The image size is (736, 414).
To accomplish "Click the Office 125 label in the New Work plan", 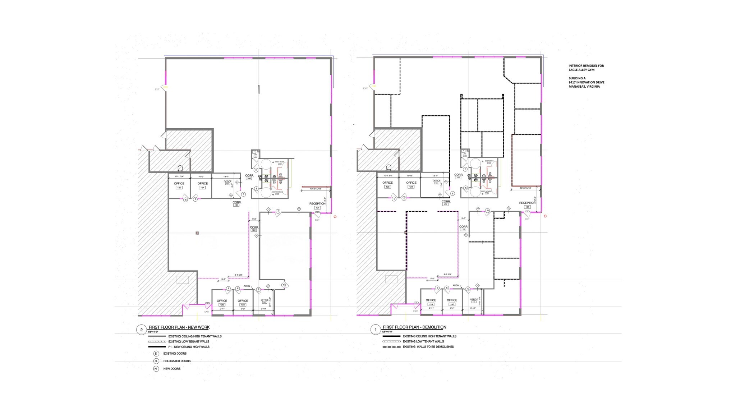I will tap(179, 184).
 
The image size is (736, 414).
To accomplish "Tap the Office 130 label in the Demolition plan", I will tap(452, 300).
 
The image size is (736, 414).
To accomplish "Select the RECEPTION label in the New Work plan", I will tap(317, 204).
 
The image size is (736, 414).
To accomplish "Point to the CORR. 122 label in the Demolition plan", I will tap(463, 227).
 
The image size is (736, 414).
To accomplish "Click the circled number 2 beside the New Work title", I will tap(142, 330).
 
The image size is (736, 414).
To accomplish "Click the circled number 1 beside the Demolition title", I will tap(376, 330).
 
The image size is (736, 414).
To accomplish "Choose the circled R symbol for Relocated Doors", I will tap(156, 361).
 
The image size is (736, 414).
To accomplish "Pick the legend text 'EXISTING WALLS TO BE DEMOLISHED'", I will tap(428, 347).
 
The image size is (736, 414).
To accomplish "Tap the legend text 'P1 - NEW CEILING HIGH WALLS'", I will tap(189, 347).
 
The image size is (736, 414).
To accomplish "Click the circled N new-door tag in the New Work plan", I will tap(284, 285).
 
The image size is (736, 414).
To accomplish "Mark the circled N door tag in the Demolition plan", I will tap(488, 211).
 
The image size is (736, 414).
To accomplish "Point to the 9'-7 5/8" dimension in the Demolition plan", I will tap(447, 274).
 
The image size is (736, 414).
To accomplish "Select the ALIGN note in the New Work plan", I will tap(247, 286).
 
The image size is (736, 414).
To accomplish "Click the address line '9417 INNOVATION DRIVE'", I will tap(586, 82).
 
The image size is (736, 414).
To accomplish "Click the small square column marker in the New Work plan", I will tap(197, 233).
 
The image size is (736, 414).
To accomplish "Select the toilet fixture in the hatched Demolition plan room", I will tap(388, 167).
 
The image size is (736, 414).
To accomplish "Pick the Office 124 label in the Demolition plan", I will tap(411, 183).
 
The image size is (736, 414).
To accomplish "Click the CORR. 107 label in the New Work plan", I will tap(237, 203).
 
